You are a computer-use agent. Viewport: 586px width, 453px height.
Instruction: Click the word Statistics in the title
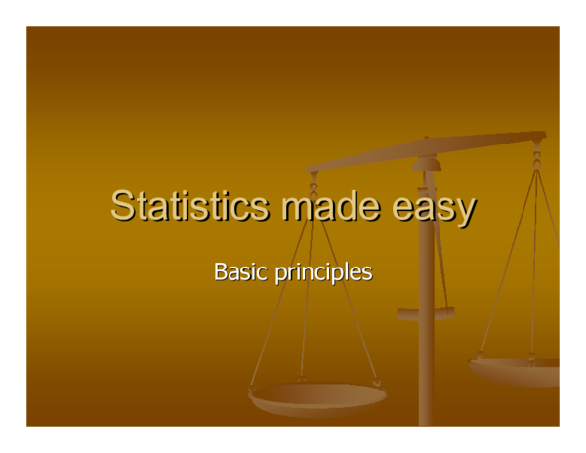point(189,206)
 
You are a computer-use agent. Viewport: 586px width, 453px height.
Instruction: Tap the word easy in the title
point(434,208)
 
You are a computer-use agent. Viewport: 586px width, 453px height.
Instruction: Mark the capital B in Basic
point(220,270)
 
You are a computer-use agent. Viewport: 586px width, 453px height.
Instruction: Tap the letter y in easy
point(466,211)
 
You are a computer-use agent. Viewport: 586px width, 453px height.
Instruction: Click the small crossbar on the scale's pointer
point(426,313)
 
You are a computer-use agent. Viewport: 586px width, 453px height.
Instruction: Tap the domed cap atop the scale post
point(426,162)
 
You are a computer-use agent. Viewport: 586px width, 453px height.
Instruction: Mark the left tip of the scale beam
point(312,170)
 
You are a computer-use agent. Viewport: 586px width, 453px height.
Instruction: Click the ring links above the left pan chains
point(314,183)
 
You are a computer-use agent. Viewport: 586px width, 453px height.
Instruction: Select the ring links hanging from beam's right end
point(536,152)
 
